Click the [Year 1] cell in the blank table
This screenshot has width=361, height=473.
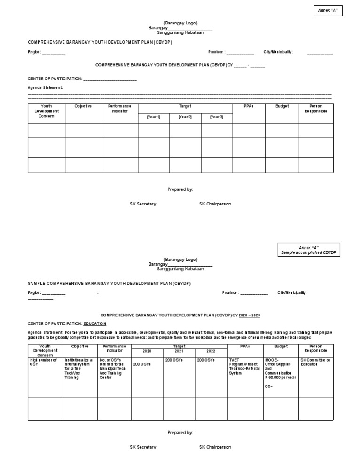click(x=153, y=117)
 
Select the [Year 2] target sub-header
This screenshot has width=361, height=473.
click(x=185, y=117)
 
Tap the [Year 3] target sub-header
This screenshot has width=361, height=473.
click(x=216, y=117)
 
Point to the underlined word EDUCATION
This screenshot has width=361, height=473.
click(x=95, y=324)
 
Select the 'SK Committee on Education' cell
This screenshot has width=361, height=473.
click(x=315, y=362)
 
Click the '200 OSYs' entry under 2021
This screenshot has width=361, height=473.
click(x=173, y=360)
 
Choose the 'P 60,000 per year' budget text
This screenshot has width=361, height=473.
click(x=281, y=378)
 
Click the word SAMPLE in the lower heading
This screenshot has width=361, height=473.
click(x=37, y=284)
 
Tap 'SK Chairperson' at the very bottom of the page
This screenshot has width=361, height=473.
click(x=215, y=447)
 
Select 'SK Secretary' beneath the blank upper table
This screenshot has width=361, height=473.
click(x=143, y=204)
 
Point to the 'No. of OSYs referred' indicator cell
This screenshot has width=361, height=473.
click(x=112, y=369)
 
